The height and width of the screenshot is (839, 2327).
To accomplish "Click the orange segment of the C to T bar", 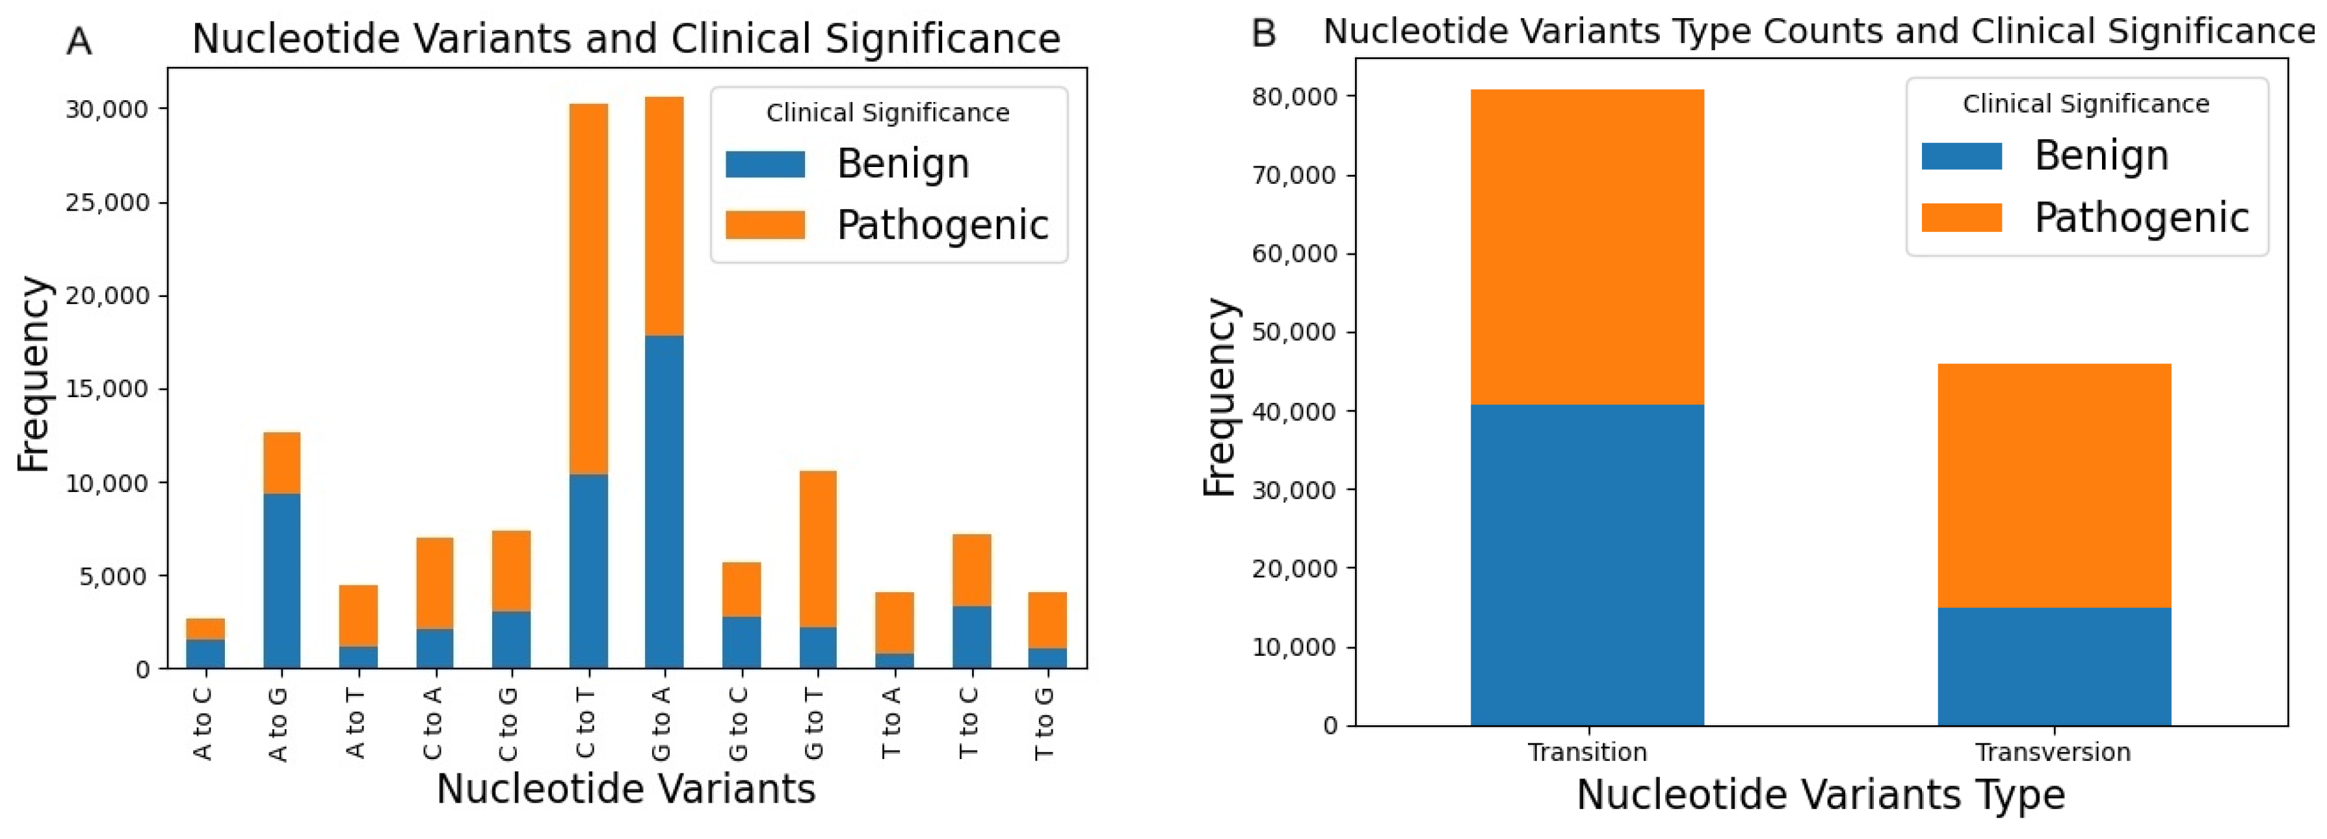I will tap(588, 289).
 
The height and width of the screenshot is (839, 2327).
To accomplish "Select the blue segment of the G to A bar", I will tap(664, 501).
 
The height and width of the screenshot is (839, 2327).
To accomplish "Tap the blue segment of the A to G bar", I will tap(281, 581).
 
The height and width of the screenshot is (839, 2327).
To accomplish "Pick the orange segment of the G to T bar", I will tap(817, 549).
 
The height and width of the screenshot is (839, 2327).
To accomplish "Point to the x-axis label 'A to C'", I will tap(204, 723).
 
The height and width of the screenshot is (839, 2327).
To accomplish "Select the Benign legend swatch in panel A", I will tap(765, 164).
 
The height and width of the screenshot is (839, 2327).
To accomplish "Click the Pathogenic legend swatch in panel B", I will tap(1961, 218).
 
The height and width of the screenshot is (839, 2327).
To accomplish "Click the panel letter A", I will tap(79, 42).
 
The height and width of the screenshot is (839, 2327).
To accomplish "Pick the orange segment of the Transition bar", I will tap(1586, 246).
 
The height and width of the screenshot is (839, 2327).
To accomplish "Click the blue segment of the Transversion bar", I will tap(2053, 667).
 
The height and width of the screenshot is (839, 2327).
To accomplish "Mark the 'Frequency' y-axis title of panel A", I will tap(34, 374).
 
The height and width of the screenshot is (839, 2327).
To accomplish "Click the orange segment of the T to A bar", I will tap(893, 622).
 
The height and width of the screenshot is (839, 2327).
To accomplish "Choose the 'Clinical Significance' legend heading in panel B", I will tap(2086, 104).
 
